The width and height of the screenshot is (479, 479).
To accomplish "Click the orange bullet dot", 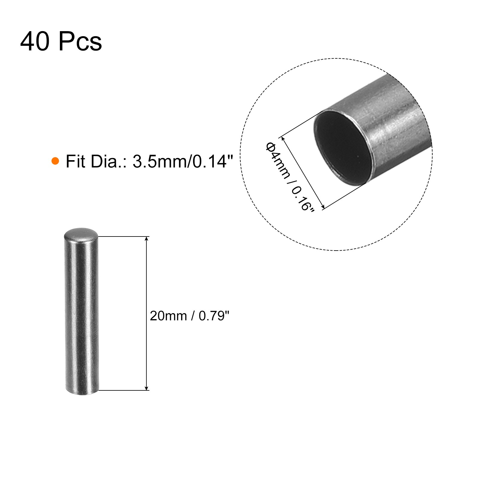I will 55,161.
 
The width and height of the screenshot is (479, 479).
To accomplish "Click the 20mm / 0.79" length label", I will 190,316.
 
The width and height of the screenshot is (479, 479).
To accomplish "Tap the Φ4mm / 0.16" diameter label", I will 290,177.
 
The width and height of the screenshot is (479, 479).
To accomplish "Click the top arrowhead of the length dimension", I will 146,239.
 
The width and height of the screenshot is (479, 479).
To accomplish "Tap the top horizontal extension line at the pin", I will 123,237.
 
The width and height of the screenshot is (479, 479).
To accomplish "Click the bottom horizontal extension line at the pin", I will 123,390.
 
